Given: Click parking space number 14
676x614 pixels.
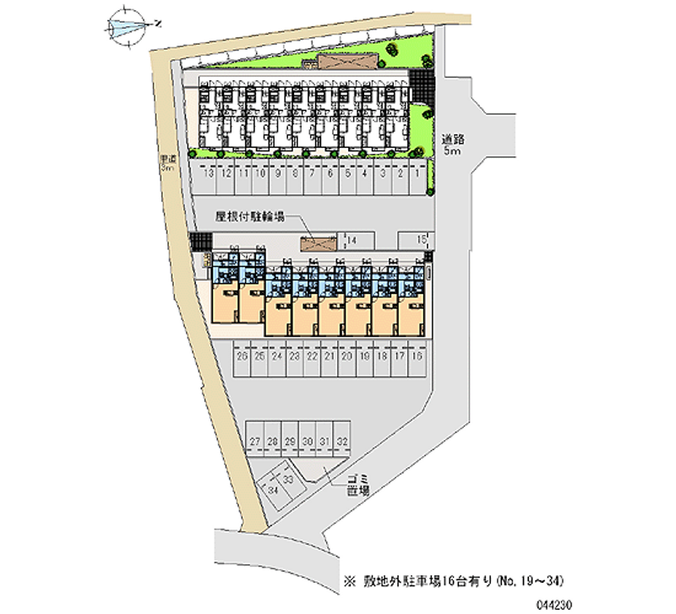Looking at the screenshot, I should [351, 241].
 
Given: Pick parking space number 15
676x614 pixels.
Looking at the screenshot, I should [420, 241].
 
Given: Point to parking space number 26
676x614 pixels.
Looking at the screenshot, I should [242, 357].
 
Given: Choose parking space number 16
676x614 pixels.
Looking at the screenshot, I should [417, 357].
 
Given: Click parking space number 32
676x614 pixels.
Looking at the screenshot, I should [341, 442].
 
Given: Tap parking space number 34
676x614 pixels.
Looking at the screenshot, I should [273, 491].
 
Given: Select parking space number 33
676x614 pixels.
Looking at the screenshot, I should [287, 480].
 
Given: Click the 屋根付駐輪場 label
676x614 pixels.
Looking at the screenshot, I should [248, 216].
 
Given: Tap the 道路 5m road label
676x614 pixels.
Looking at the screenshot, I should [450, 144].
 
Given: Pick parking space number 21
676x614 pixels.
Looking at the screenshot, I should [330, 357].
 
